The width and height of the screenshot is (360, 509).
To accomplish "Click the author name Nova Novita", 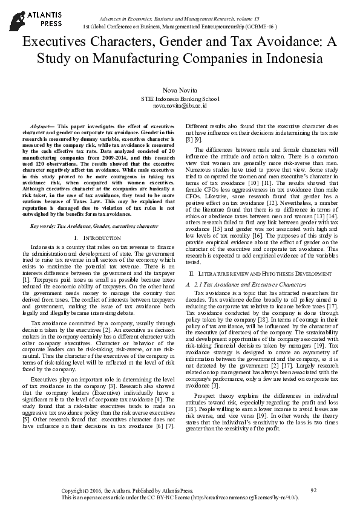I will coord(180,89).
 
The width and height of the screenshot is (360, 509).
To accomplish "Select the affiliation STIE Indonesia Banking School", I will coord(180,98).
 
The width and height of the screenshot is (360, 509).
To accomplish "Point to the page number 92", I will coord(313,489).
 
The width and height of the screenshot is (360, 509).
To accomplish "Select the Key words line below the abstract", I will coord(94,225).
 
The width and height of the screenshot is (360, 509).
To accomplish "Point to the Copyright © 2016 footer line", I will coord(127,490).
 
